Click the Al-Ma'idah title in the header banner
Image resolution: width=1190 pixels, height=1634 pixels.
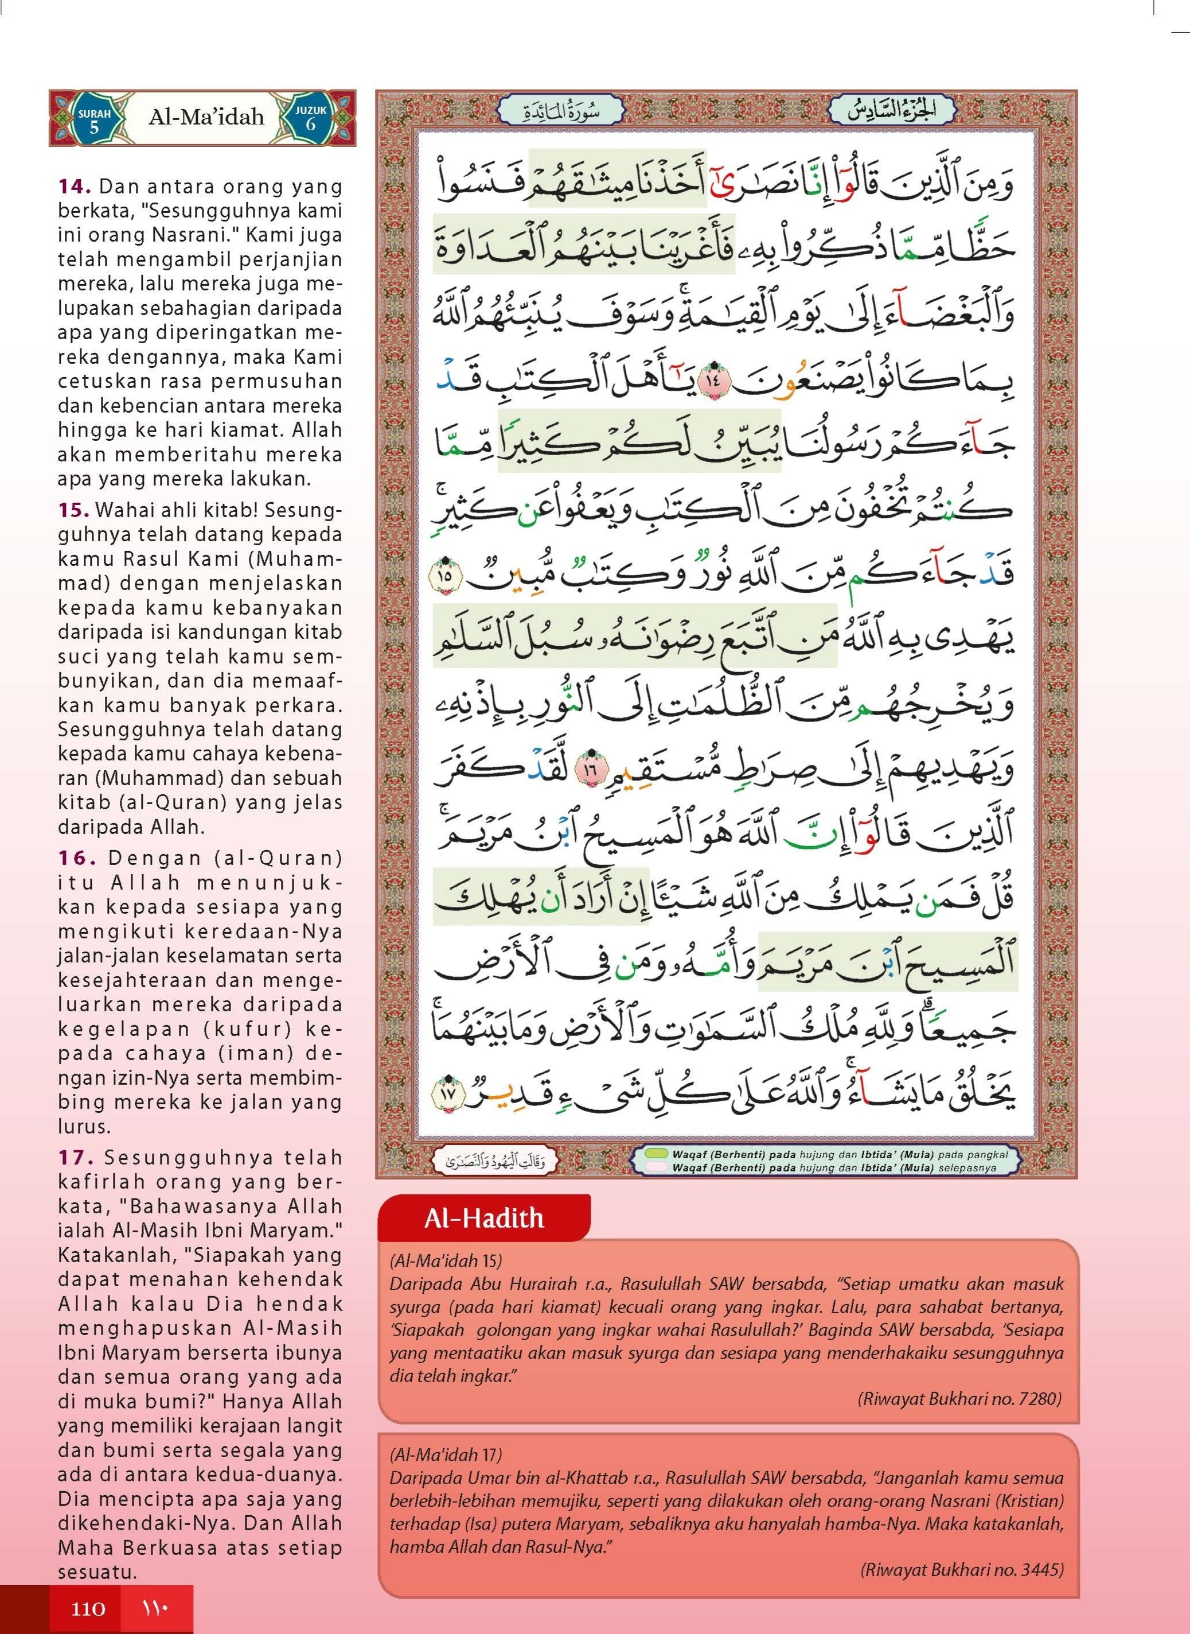[x=206, y=117]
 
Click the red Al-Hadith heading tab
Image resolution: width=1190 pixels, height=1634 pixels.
[x=483, y=1218]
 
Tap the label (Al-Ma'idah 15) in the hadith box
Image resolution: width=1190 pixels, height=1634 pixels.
[x=446, y=1260]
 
